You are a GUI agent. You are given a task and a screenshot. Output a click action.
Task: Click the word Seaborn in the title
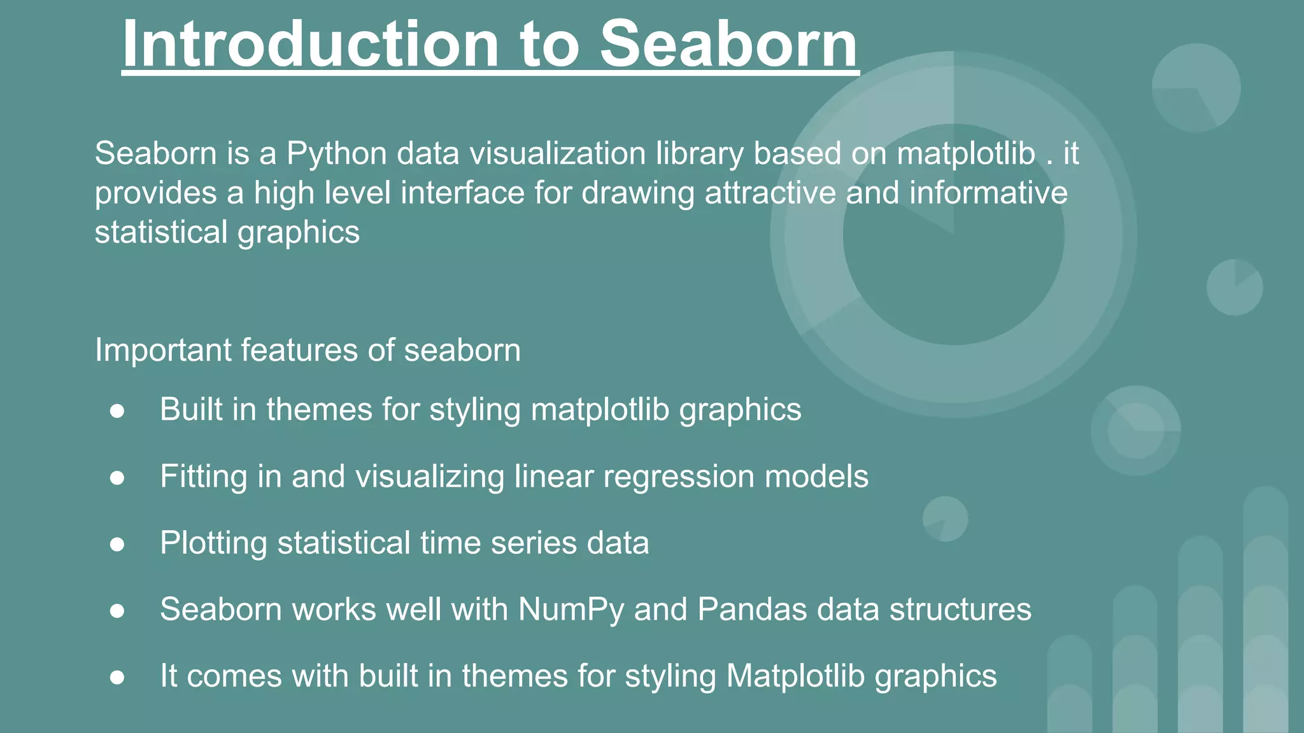click(x=729, y=45)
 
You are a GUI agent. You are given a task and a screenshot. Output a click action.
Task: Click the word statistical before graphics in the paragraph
click(x=161, y=232)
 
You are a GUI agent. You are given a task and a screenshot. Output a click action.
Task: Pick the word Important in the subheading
click(x=163, y=350)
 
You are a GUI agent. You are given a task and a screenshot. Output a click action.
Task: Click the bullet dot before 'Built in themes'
click(x=117, y=410)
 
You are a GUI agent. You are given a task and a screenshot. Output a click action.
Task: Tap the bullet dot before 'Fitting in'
click(x=117, y=477)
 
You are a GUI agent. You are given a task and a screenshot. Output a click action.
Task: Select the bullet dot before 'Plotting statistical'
click(x=117, y=544)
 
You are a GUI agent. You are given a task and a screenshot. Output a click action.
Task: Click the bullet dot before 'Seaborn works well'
click(x=117, y=611)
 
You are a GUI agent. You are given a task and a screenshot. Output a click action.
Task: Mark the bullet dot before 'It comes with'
click(x=117, y=677)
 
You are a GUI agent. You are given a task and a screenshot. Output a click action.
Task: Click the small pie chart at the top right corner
click(x=1196, y=88)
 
